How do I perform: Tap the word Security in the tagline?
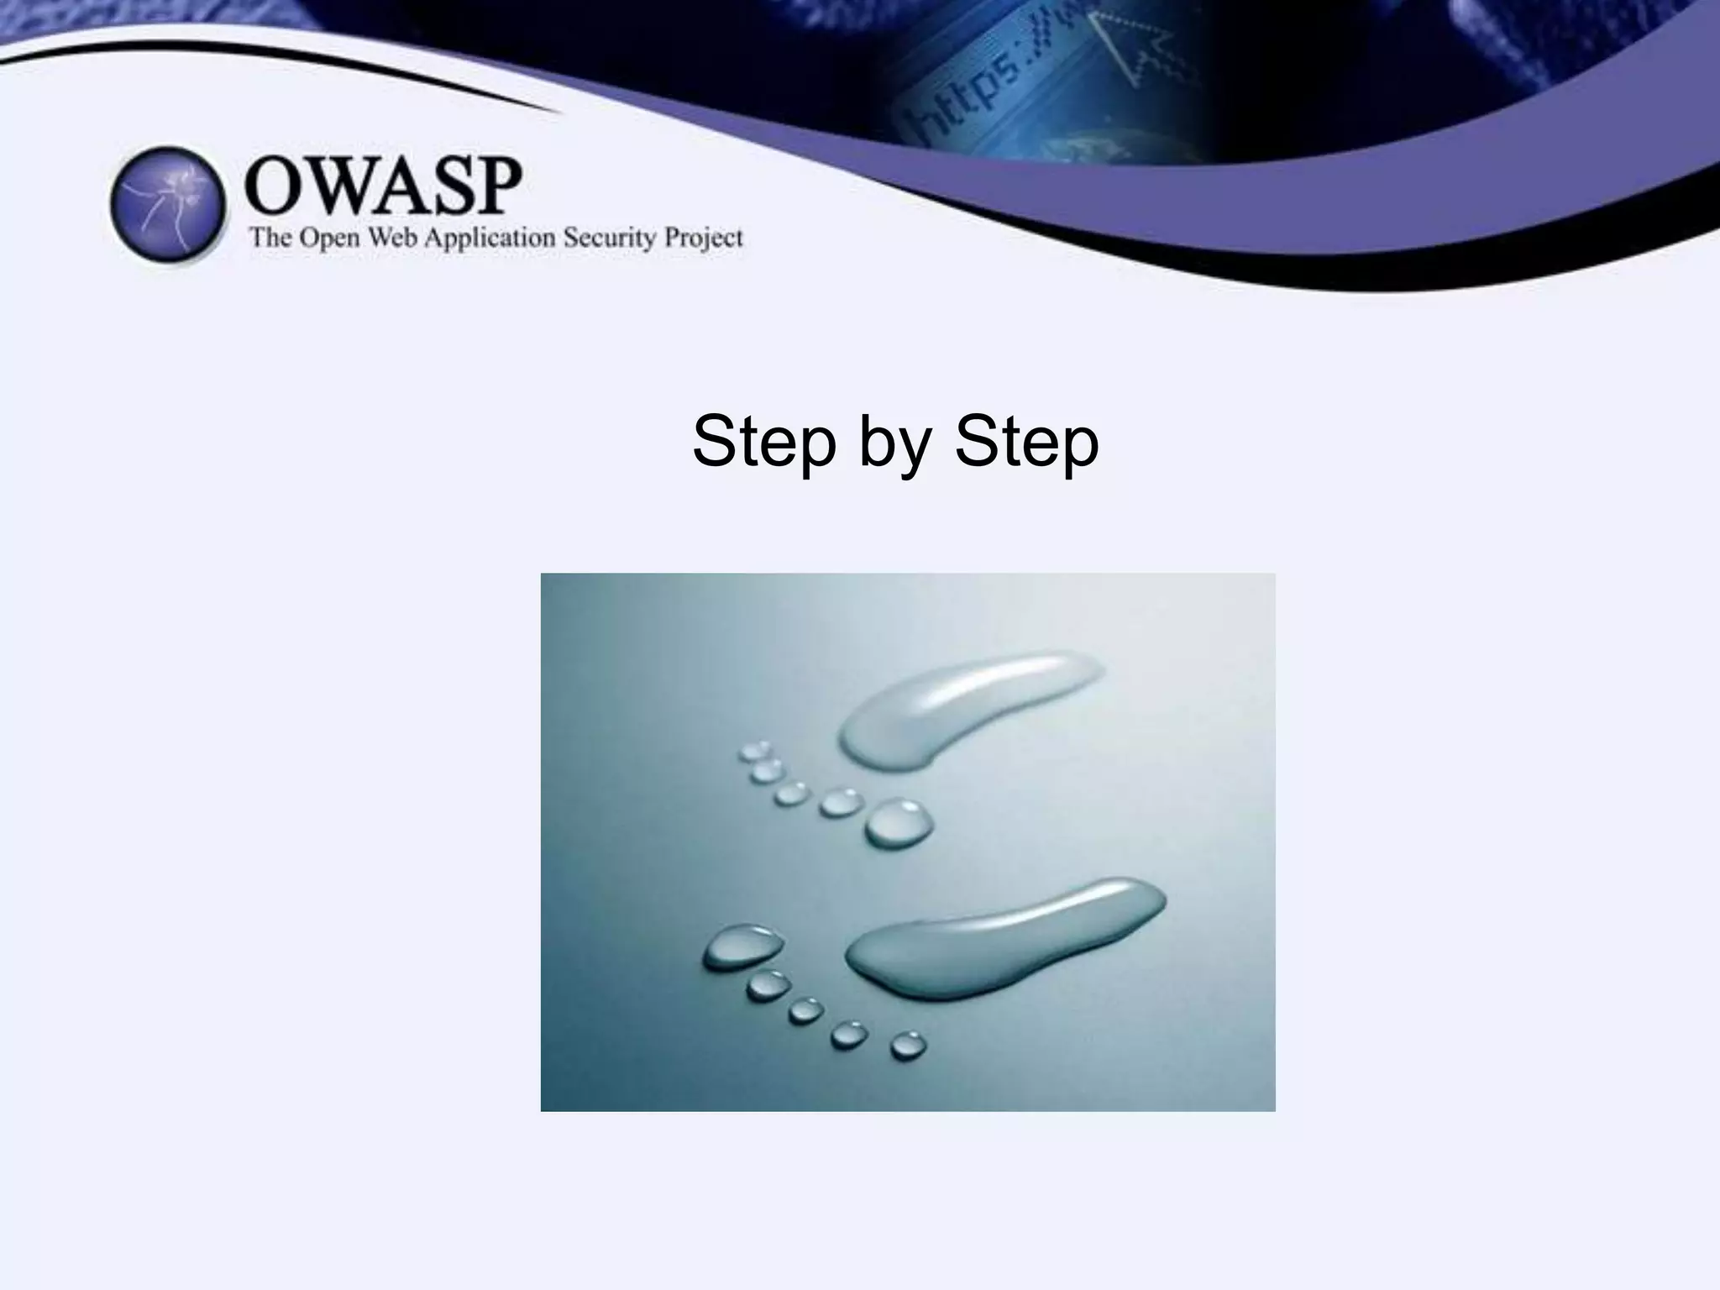[609, 238]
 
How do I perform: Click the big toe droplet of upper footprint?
[899, 822]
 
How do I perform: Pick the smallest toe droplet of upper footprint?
[755, 750]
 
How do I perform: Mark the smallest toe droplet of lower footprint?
[908, 1046]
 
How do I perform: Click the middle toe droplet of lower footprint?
[805, 1009]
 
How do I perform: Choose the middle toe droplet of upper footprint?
[791, 793]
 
